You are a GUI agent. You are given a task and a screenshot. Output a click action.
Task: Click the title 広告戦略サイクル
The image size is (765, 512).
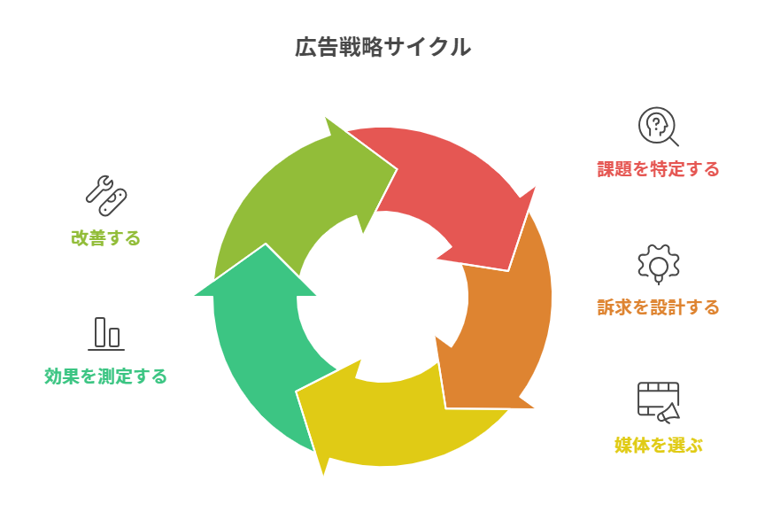point(382,48)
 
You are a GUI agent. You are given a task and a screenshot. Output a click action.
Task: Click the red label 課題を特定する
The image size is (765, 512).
point(658,168)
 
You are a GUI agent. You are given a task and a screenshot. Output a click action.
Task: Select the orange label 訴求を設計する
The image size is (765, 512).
point(658,307)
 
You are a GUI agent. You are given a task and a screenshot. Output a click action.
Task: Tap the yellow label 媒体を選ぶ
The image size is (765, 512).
point(658,445)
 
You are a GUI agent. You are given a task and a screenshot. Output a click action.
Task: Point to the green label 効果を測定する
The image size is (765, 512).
point(105,376)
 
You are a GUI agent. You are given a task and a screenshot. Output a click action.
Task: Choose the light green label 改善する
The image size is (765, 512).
point(105,237)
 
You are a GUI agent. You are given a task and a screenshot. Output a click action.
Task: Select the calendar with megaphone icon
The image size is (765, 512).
point(658,401)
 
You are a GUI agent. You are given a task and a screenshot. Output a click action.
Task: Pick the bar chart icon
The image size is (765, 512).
point(106,333)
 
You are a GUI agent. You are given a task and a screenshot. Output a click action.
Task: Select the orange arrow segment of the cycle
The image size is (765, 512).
point(505,328)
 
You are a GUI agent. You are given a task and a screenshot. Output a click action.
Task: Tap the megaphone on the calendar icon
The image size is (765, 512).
point(668,412)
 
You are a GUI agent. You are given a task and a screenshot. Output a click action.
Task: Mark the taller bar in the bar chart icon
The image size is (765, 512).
point(100,331)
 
